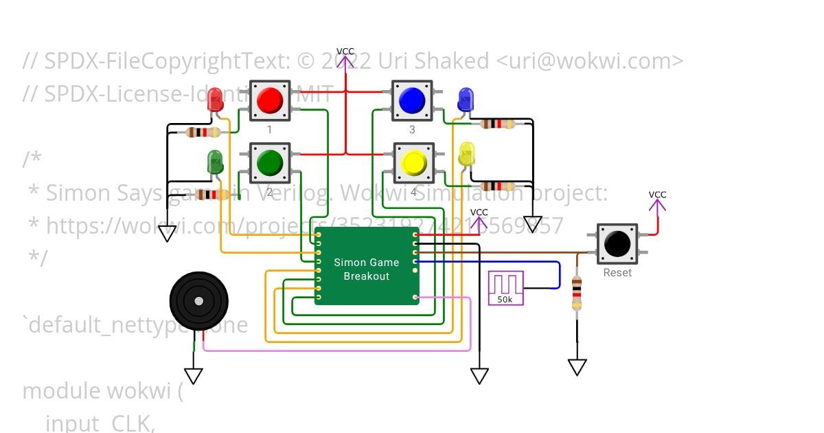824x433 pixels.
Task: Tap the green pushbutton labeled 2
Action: coord(269,163)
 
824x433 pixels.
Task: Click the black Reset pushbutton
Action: coord(617,244)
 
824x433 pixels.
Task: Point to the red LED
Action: coord(215,100)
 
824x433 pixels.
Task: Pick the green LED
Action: coord(215,163)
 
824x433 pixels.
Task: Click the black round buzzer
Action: coord(199,300)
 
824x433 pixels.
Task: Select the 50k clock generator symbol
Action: coord(505,288)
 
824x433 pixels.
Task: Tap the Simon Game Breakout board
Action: coord(367,266)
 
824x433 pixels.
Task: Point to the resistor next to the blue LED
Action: coord(498,124)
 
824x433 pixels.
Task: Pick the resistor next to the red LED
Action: coord(204,132)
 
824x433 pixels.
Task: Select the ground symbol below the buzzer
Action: coord(194,375)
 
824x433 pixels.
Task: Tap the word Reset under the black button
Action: coord(617,273)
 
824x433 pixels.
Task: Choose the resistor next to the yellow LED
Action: coord(498,186)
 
